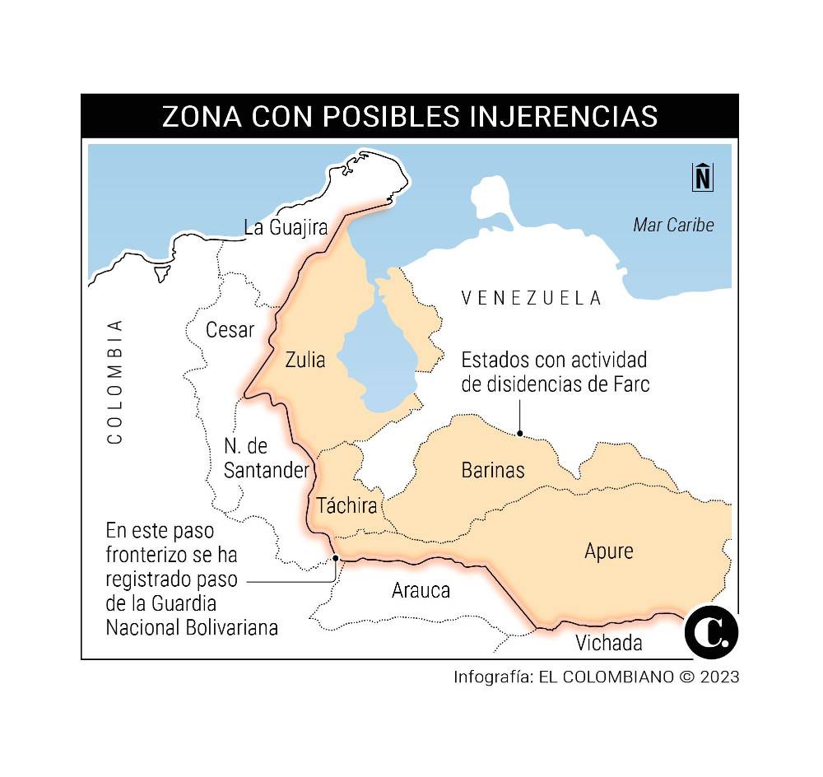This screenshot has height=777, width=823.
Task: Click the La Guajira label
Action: pyautogui.click(x=286, y=227)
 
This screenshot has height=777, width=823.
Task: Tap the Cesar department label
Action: pyautogui.click(x=230, y=329)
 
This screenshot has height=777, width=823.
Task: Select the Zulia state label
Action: pyautogui.click(x=305, y=360)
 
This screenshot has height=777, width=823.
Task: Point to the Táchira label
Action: pyautogui.click(x=346, y=505)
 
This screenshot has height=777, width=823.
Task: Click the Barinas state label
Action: pyautogui.click(x=492, y=470)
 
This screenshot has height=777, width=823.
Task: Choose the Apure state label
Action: pyautogui.click(x=609, y=550)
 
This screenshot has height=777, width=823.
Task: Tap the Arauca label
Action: pyautogui.click(x=421, y=589)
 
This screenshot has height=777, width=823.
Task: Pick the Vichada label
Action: pyautogui.click(x=609, y=642)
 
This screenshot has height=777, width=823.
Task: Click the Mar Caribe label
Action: pyautogui.click(x=673, y=225)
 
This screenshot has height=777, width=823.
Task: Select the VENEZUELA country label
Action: pyautogui.click(x=531, y=297)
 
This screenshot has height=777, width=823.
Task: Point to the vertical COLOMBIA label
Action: pyautogui.click(x=114, y=381)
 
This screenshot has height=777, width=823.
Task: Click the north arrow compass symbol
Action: pyautogui.click(x=702, y=178)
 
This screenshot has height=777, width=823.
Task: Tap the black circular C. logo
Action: pyautogui.click(x=711, y=631)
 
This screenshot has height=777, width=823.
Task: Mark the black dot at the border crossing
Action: pyautogui.click(x=336, y=558)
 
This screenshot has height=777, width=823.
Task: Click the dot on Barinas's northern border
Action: pyautogui.click(x=520, y=433)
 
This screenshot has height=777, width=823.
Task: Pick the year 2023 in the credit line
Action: pyautogui.click(x=717, y=677)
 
